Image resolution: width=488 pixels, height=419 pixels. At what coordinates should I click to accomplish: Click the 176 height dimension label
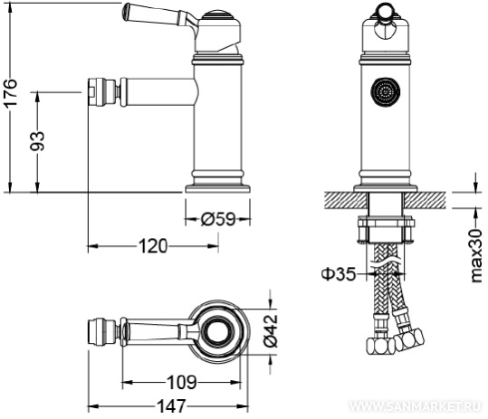click(x=10, y=92)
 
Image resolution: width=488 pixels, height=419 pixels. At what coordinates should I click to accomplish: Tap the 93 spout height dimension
click(x=37, y=141)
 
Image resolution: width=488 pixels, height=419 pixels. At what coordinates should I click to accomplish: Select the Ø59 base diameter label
click(x=218, y=219)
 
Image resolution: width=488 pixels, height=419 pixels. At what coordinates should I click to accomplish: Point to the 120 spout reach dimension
click(x=153, y=246)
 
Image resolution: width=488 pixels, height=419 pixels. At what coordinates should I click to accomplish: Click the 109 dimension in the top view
click(x=182, y=382)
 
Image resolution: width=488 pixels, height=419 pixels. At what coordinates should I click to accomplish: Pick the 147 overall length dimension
click(x=171, y=406)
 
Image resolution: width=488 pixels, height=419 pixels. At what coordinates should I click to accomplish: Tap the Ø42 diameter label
click(x=271, y=330)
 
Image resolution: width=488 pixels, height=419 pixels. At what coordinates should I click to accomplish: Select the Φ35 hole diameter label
click(x=338, y=274)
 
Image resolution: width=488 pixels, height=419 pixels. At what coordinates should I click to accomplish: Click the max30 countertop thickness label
click(x=476, y=256)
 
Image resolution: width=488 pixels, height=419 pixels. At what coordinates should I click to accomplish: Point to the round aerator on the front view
click(x=385, y=92)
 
